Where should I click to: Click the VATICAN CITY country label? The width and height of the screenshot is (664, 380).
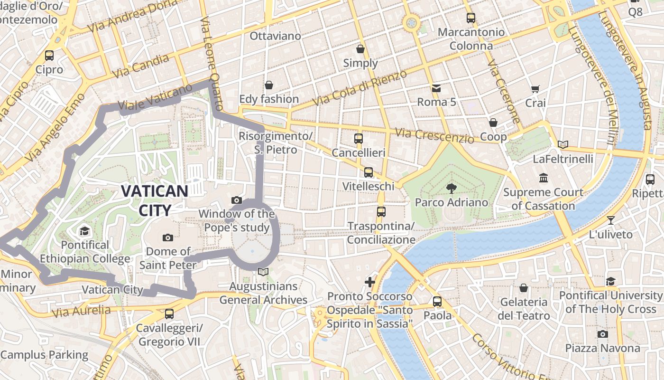point(155,200)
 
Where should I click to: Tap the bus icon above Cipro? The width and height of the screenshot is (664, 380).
point(49,55)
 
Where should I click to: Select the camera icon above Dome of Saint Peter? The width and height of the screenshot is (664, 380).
point(167,237)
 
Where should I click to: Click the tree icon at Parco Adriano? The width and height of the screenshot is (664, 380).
point(451,189)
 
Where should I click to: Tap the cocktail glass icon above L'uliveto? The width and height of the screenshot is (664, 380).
point(610,220)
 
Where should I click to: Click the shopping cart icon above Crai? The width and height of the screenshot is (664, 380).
point(535,89)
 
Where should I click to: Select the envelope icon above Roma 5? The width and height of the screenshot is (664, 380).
point(436,88)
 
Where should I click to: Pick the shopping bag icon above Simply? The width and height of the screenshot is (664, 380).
point(360,48)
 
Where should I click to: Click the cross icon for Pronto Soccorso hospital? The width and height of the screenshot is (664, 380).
point(370,282)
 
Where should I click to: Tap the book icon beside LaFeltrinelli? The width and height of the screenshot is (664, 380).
point(563,144)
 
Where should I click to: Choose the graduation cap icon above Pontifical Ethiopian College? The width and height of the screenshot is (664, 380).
point(84,231)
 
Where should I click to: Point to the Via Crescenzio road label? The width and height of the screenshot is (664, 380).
point(434,136)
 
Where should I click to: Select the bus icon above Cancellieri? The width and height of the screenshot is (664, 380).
point(359,139)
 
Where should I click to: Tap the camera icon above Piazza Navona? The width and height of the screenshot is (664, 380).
point(602,334)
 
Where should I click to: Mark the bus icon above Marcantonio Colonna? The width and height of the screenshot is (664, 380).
point(470,18)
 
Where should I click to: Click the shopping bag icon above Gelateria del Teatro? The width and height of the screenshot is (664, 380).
point(524,288)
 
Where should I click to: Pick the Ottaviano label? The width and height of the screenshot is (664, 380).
point(275,36)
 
